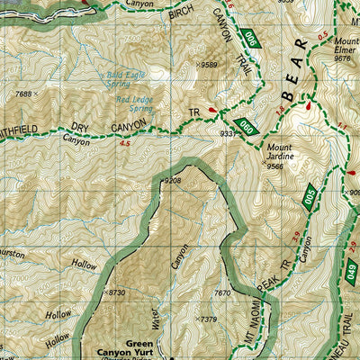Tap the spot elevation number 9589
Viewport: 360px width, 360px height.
tap(209, 65)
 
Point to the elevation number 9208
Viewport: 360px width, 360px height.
tap(173, 181)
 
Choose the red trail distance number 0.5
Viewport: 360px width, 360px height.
tap(322, 35)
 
